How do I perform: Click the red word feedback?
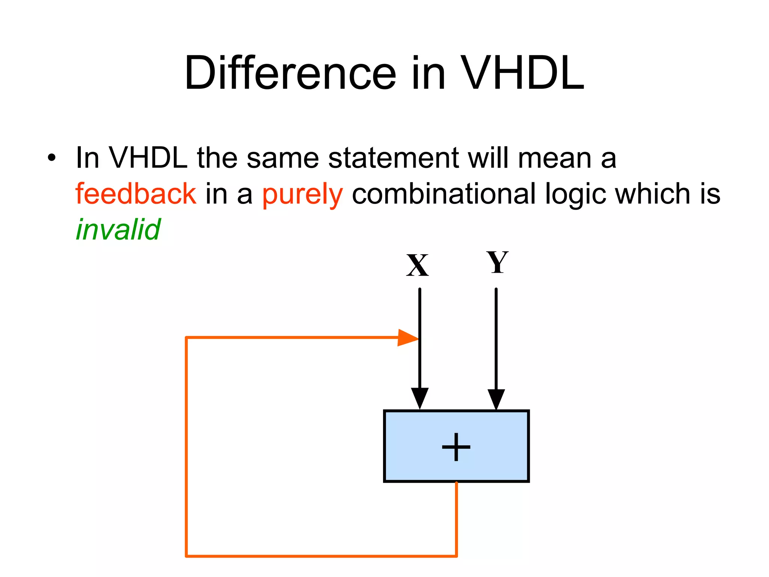click(136, 194)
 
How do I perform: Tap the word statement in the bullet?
click(394, 158)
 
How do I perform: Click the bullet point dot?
click(51, 158)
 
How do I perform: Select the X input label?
click(417, 266)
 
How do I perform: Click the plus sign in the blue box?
click(456, 447)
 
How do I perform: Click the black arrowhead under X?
click(419, 399)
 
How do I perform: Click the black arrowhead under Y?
click(496, 399)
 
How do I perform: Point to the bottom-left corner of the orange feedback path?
click(187, 556)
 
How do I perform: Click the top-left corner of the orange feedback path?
click(187, 338)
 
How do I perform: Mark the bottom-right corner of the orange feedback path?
click(456, 556)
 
